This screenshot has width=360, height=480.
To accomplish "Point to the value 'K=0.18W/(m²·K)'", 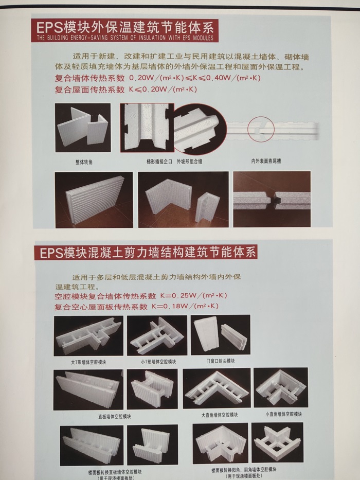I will click(185, 306).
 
